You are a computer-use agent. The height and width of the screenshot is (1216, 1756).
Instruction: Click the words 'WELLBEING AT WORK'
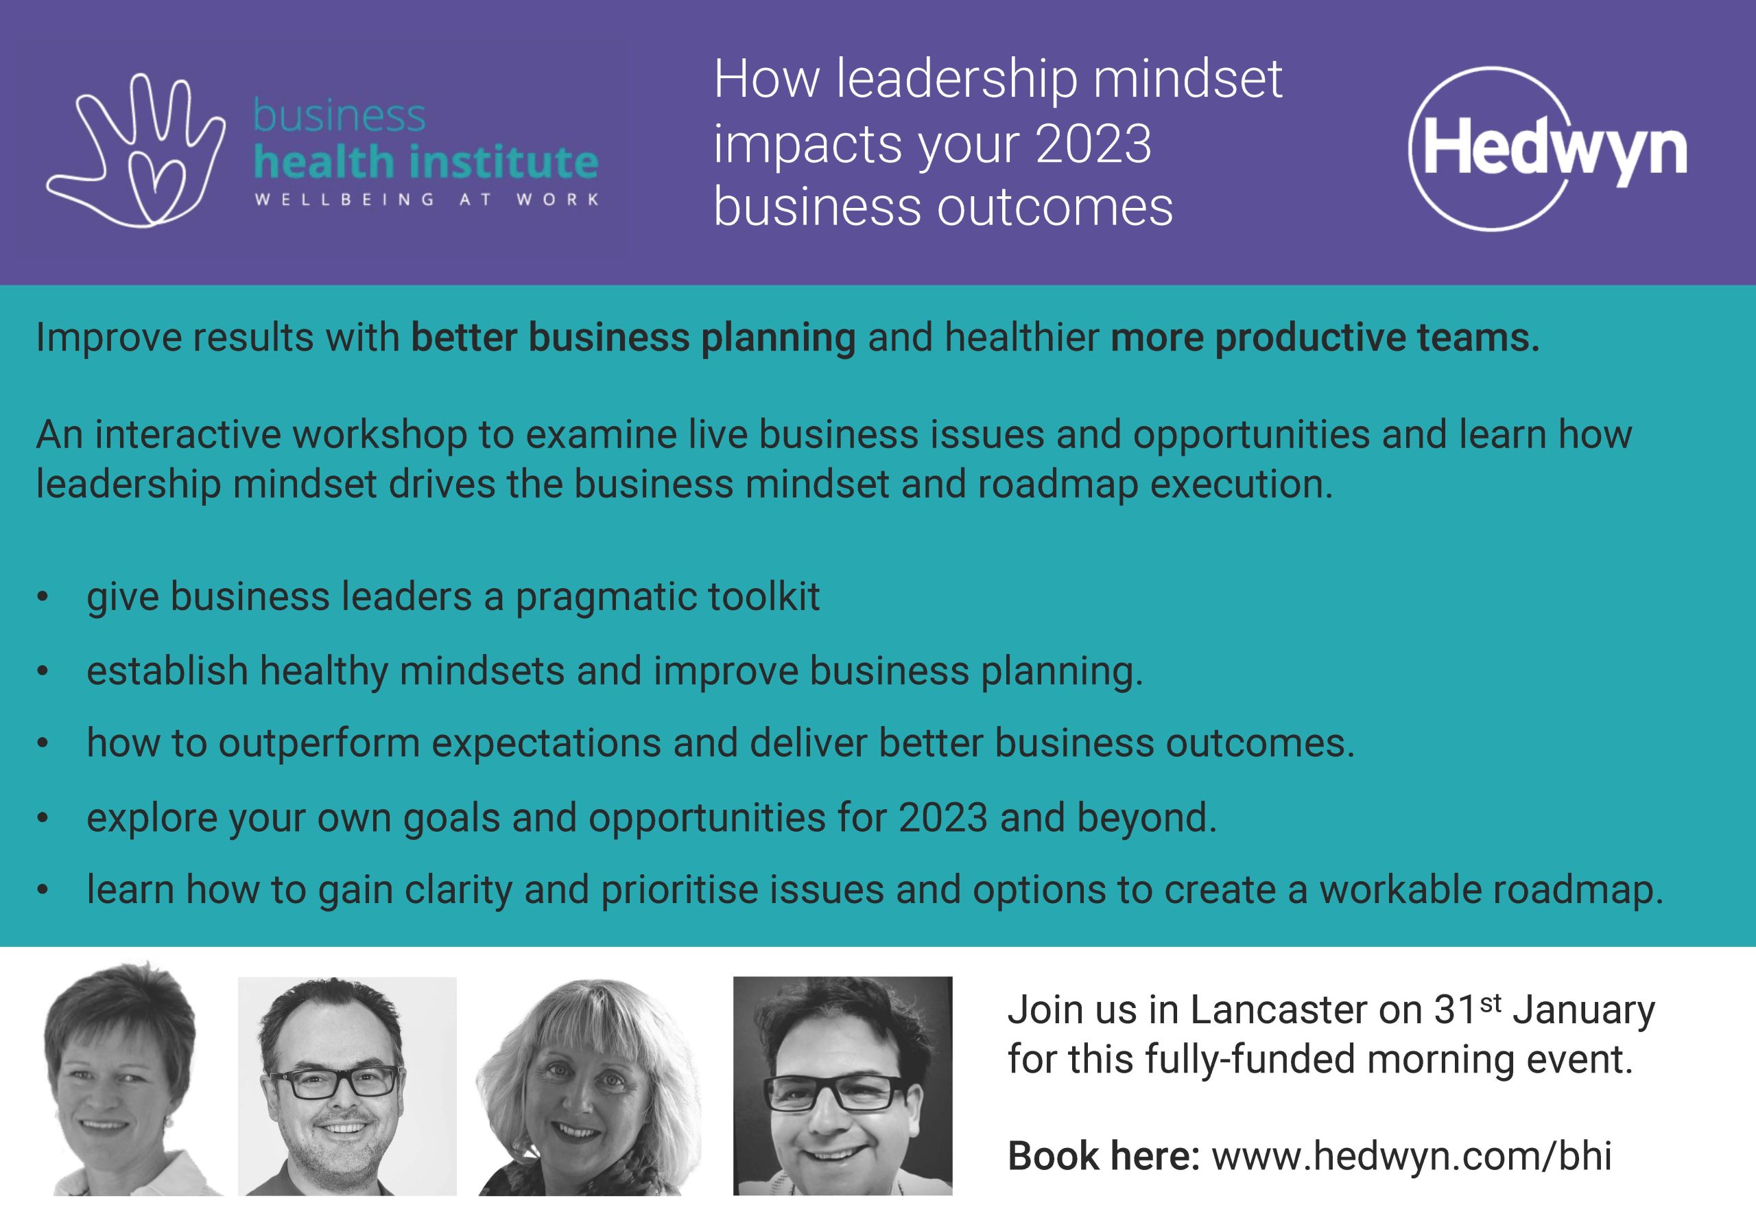click(427, 200)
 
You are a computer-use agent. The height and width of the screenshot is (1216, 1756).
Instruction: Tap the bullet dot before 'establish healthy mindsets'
click(43, 671)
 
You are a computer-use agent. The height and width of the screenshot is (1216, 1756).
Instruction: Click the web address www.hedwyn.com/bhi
click(1412, 1156)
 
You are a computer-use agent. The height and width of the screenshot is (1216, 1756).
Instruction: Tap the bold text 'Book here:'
click(1104, 1156)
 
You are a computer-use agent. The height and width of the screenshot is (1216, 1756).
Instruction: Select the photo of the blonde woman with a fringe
click(589, 1086)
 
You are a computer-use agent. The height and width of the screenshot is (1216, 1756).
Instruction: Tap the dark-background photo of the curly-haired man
click(842, 1086)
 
